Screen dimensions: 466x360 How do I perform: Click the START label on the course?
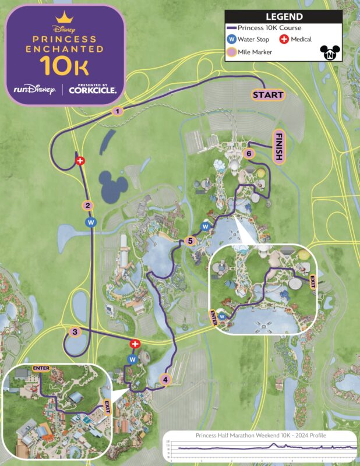click(x=267, y=94)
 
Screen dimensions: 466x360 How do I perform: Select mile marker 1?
click(x=118, y=111)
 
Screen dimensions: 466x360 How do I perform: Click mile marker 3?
click(x=75, y=332)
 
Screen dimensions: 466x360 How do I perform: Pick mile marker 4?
click(x=165, y=380)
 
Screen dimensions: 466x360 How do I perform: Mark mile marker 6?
click(x=249, y=154)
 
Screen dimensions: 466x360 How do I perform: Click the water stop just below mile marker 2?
click(x=90, y=222)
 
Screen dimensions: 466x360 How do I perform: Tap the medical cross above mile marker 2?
click(x=80, y=160)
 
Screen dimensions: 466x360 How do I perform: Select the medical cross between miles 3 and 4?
click(x=135, y=344)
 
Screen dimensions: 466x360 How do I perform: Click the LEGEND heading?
click(x=284, y=17)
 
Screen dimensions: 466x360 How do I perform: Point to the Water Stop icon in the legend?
click(x=231, y=40)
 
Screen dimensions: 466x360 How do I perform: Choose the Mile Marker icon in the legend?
click(x=231, y=52)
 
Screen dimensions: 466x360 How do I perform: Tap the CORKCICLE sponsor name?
click(x=93, y=90)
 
